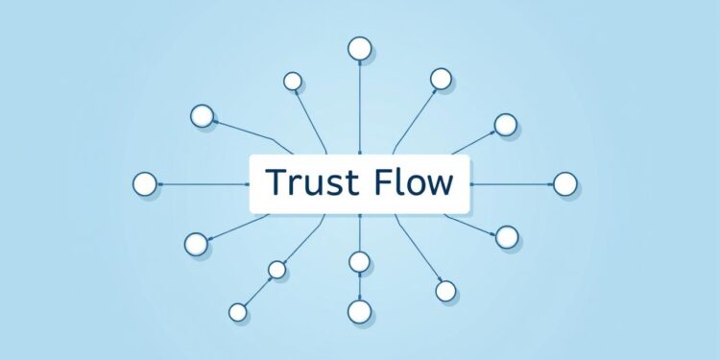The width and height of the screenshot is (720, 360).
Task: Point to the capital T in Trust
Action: pyautogui.click(x=275, y=182)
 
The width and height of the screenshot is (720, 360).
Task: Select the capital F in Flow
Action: pyautogui.click(x=379, y=182)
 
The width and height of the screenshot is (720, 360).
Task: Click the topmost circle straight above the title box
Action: pyautogui.click(x=359, y=48)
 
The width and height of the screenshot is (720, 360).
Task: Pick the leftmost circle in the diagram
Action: pyautogui.click(x=145, y=183)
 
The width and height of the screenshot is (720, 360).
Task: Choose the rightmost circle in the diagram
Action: pyautogui.click(x=565, y=183)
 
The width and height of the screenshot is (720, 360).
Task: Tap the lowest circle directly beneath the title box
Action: pyautogui.click(x=359, y=311)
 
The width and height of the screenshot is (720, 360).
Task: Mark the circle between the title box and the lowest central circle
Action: pyautogui.click(x=359, y=261)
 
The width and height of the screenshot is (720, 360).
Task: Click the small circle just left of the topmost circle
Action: pyautogui.click(x=293, y=82)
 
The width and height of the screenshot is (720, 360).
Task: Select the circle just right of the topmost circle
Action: pyautogui.click(x=441, y=78)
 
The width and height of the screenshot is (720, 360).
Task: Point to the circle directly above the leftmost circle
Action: pyautogui.click(x=203, y=116)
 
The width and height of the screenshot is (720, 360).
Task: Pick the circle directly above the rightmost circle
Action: pyautogui.click(x=506, y=123)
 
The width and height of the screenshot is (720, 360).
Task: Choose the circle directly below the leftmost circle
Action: pyautogui.click(x=196, y=244)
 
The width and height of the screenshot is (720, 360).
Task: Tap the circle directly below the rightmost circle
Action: pyautogui.click(x=507, y=236)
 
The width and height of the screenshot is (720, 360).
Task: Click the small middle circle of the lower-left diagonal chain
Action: pyautogui.click(x=276, y=270)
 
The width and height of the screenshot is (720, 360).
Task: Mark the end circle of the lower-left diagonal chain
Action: pyautogui.click(x=238, y=312)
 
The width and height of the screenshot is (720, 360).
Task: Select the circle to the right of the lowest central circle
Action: pyautogui.click(x=445, y=290)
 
